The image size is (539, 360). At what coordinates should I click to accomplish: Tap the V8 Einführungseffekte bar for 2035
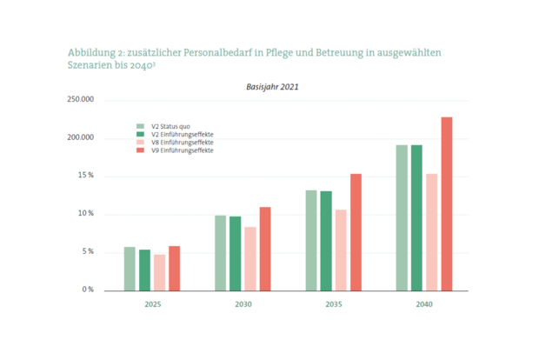(x=341, y=249)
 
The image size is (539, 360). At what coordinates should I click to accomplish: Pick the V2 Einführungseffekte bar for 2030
(x=236, y=252)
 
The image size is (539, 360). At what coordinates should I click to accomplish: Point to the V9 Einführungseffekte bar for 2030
(x=265, y=248)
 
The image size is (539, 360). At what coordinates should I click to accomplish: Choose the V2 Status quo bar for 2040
(x=402, y=217)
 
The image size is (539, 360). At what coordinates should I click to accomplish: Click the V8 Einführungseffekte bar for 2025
(x=159, y=271)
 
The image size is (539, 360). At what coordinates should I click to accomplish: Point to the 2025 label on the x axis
(x=152, y=305)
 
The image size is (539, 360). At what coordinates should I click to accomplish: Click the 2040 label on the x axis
(x=424, y=305)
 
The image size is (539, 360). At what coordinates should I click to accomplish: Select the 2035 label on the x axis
(x=334, y=305)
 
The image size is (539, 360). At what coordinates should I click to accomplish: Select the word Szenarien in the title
(x=90, y=66)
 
